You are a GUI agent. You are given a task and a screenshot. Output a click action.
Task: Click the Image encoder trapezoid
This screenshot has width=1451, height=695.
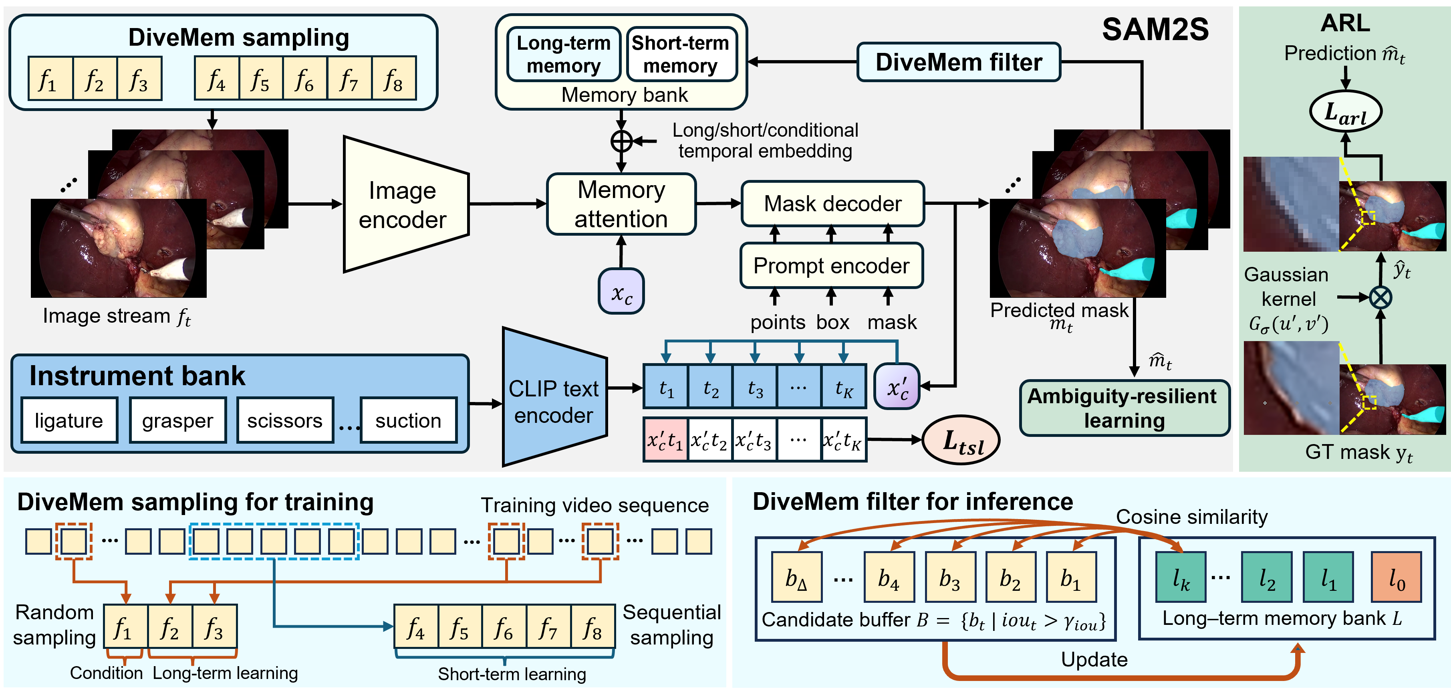coord(405,204)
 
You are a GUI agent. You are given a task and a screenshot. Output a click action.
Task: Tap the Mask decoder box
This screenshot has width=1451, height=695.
coord(832,204)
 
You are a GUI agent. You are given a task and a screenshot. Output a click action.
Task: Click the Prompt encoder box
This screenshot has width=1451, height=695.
coord(831,265)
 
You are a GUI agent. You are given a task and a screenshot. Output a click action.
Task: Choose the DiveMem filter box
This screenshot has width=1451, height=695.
coord(958,62)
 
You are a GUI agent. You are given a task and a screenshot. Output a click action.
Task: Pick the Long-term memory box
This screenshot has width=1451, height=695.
coord(563,54)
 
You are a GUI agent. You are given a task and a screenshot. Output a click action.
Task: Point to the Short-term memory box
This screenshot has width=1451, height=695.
coord(681,54)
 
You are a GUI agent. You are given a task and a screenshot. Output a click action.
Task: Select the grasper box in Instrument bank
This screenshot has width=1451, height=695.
coord(177,420)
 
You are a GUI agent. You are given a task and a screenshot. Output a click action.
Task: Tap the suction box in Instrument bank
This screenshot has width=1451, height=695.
coord(408,420)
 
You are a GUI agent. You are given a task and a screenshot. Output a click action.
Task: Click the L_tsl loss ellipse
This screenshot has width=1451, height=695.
coord(961,441)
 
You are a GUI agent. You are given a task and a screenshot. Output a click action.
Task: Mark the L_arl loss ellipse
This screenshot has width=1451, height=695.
coord(1345,113)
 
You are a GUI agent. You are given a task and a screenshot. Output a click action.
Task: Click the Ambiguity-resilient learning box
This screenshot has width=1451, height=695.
coord(1124,408)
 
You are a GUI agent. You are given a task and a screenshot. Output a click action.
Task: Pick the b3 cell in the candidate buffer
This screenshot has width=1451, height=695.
coord(950,578)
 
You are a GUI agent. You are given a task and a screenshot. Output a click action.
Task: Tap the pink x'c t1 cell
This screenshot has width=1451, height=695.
coord(665,440)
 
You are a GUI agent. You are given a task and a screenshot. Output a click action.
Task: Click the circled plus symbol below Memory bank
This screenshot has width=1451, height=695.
coord(621,141)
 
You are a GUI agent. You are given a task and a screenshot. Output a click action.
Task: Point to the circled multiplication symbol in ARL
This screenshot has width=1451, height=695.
coord(1380,297)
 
